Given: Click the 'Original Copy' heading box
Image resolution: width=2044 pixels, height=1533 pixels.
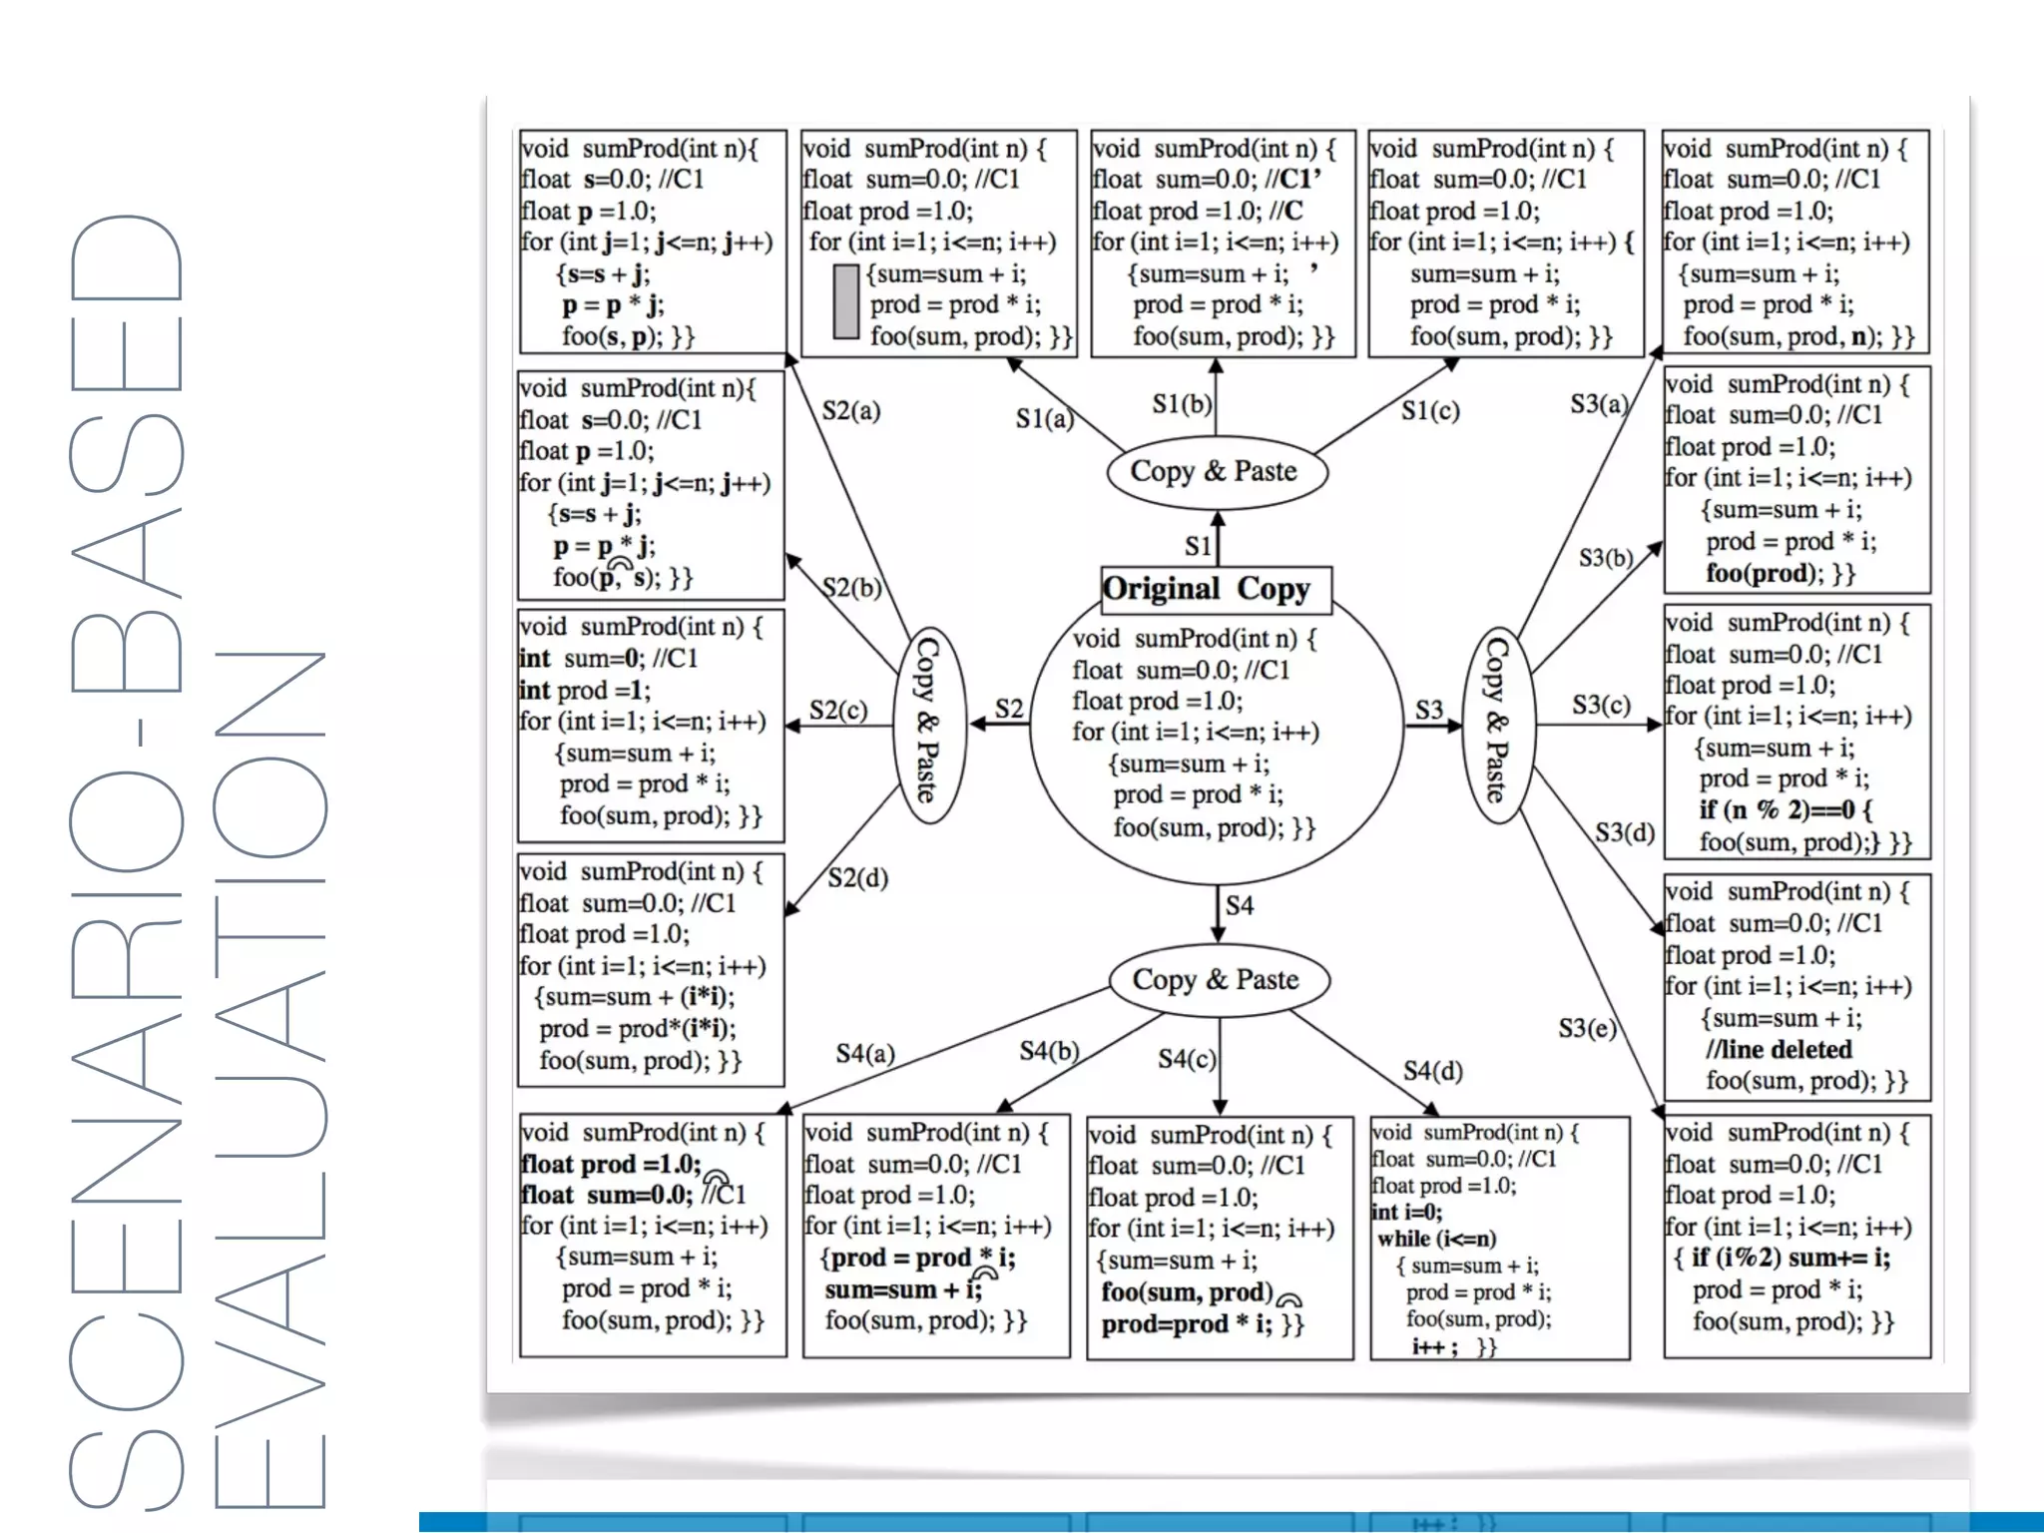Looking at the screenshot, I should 1216,589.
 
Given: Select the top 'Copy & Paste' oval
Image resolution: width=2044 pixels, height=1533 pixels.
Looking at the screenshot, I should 1216,472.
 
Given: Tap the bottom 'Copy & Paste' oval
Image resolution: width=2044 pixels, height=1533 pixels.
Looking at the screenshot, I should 1217,980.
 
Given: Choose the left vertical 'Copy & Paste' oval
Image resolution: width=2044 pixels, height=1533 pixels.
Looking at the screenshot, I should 928,724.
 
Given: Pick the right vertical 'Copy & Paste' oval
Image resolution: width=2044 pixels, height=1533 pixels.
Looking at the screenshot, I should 1496,724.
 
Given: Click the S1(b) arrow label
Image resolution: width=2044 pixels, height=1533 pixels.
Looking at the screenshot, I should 1181,403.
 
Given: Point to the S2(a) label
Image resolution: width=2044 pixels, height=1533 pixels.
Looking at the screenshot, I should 850,410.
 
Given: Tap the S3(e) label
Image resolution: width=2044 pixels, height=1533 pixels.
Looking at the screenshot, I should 1586,1028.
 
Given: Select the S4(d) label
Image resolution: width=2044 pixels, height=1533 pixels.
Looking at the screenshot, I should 1432,1071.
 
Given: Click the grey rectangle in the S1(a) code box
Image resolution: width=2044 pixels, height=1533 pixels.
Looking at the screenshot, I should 845,301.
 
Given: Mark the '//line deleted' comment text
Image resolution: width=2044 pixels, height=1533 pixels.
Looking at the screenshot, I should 1779,1049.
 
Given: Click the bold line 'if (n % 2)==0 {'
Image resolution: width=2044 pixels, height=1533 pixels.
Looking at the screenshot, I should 1786,810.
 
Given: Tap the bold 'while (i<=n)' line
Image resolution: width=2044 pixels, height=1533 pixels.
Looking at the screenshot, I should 1436,1239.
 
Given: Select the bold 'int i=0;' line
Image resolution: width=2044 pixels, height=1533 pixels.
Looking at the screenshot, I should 1407,1212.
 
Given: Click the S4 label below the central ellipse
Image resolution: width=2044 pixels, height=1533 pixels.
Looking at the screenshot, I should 1239,905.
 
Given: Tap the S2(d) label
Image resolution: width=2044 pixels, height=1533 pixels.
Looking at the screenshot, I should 857,877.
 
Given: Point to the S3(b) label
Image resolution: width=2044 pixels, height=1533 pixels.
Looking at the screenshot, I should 1605,557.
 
